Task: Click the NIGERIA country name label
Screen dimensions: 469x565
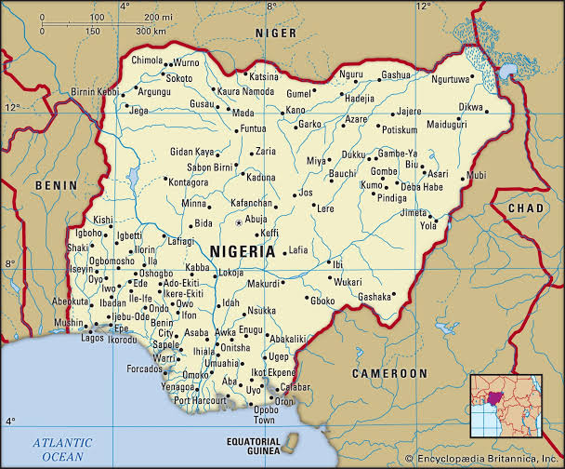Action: tap(243, 251)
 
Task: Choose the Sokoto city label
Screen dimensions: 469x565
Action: tap(178, 79)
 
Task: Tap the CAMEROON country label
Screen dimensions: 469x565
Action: tap(389, 372)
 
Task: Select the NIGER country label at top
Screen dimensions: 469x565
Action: tap(276, 33)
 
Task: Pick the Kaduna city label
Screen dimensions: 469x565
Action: tap(261, 176)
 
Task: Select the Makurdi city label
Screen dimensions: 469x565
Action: tap(263, 283)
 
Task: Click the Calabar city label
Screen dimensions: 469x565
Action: tap(295, 386)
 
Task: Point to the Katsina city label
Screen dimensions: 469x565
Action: tap(263, 76)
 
